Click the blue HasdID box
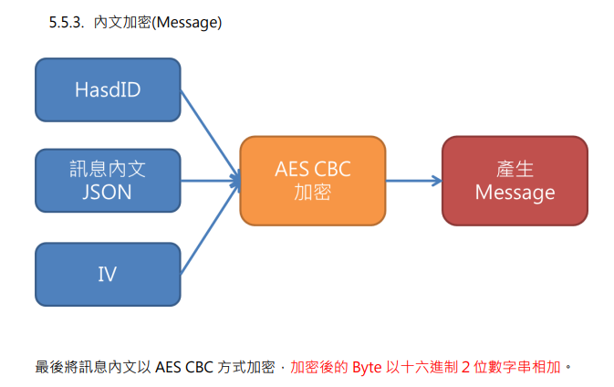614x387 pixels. click(x=108, y=89)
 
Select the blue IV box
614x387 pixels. click(x=108, y=274)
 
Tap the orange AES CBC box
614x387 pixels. click(x=313, y=181)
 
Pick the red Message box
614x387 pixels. click(x=515, y=181)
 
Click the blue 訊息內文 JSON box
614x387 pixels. click(x=108, y=181)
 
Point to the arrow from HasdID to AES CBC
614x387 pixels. click(x=210, y=135)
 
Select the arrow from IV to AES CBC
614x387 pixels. click(x=210, y=227)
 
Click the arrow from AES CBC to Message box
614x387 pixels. click(x=414, y=181)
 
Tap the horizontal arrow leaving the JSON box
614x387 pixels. click(x=211, y=181)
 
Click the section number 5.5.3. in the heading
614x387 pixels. click(x=67, y=22)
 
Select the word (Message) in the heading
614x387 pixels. click(x=187, y=23)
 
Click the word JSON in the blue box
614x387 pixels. click(x=107, y=192)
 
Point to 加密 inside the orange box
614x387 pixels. click(x=313, y=192)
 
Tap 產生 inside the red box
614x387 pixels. click(x=515, y=169)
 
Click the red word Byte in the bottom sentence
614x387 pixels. click(x=367, y=368)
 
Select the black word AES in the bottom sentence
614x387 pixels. click(x=168, y=368)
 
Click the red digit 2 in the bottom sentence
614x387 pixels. click(x=465, y=368)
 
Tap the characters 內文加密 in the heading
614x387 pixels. click(x=122, y=22)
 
